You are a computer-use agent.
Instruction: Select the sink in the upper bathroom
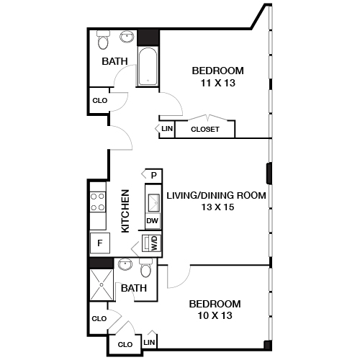coord(128,37)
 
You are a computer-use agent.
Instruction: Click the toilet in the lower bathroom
coord(146,269)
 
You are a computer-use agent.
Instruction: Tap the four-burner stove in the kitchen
coord(97,202)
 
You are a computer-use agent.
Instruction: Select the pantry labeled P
coord(153,175)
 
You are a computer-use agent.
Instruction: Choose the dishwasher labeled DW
coord(152,220)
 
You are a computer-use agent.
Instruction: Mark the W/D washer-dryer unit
coord(152,243)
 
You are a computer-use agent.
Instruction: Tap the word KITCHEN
coord(125,210)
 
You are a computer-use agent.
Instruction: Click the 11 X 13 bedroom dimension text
coord(217,83)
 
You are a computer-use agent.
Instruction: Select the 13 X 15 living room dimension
coord(217,207)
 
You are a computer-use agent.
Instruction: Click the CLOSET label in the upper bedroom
coord(205,130)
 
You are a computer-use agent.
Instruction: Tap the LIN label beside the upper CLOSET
coord(167,129)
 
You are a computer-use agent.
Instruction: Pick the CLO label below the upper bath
coord(99,100)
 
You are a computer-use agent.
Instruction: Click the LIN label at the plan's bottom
coord(150,343)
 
